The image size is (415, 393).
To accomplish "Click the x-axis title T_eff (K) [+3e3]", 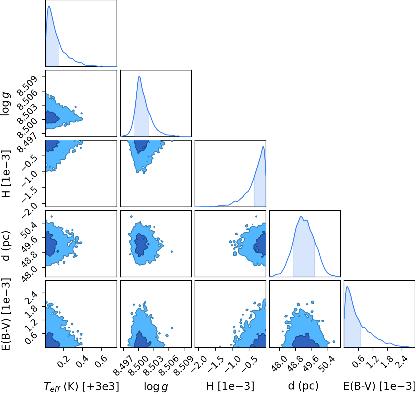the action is (x=82, y=386).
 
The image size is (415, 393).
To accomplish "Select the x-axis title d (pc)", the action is (x=303, y=386).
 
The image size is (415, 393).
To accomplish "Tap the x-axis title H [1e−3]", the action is (x=230, y=386).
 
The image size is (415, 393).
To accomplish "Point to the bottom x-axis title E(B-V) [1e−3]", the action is (x=379, y=386).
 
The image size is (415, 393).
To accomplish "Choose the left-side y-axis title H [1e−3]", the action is (x=6, y=174).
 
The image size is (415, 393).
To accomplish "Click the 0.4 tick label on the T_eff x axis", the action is (x=82, y=361).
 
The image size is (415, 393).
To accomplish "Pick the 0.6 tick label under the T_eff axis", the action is (x=101, y=361).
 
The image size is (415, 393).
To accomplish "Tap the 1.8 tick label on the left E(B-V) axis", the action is (x=31, y=311).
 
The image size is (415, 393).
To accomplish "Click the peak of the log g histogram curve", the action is (x=139, y=76).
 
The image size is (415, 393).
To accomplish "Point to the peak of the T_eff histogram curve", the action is (x=49, y=6).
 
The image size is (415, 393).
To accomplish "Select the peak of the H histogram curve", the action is (x=263, y=146).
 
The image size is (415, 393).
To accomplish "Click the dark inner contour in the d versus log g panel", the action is (x=140, y=245).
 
